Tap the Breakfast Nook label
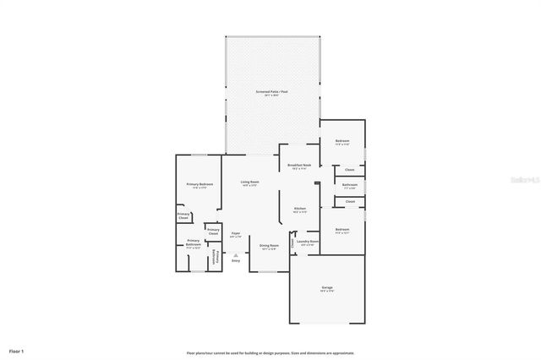coord(300,166)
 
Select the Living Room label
coord(249,183)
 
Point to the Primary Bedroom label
coord(199,185)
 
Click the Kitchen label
coord(299,210)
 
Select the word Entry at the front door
coord(236,261)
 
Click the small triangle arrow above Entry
coord(236,255)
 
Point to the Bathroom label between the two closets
coord(349,185)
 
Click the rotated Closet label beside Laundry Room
coord(292,243)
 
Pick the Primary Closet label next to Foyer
coord(213,232)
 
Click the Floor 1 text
coord(17,350)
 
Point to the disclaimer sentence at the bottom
coord(270,352)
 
